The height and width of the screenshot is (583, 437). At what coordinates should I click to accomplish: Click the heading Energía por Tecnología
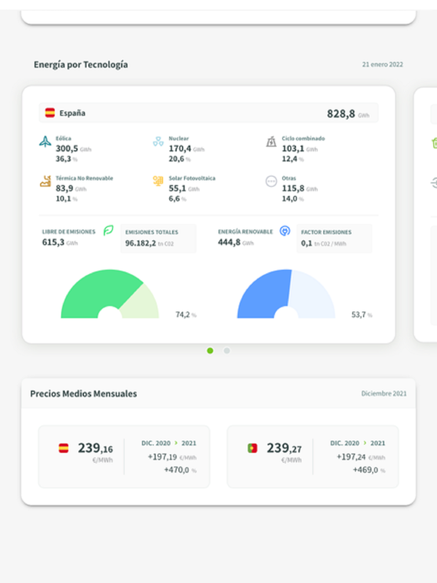[x=81, y=65]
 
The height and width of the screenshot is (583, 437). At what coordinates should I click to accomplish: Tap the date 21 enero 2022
[x=382, y=64]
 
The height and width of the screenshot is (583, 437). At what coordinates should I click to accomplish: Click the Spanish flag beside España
[x=50, y=113]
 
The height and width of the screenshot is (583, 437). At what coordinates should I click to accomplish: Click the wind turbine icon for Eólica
[x=45, y=142]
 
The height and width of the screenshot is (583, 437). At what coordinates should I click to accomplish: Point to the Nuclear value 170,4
[x=180, y=149]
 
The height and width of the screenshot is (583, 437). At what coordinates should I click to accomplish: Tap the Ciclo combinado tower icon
[x=271, y=142]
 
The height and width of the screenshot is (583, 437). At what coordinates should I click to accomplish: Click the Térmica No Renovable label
[x=84, y=178]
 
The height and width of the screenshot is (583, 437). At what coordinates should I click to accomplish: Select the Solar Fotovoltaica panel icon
[x=158, y=180]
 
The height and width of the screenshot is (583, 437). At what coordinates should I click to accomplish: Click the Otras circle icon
[x=271, y=181]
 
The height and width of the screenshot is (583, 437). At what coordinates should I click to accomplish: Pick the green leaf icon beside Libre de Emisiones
[x=108, y=230]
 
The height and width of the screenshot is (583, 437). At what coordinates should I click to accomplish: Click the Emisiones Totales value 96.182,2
[x=140, y=243]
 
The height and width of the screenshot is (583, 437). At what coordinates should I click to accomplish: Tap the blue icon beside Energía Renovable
[x=285, y=231]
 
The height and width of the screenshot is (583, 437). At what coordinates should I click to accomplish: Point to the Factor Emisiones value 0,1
[x=306, y=243]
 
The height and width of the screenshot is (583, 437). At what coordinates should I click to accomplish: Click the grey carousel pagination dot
[x=227, y=350]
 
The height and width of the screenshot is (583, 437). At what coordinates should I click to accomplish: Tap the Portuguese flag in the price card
[x=253, y=448]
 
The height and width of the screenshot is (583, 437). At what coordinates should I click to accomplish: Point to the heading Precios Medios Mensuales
[x=83, y=394]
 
